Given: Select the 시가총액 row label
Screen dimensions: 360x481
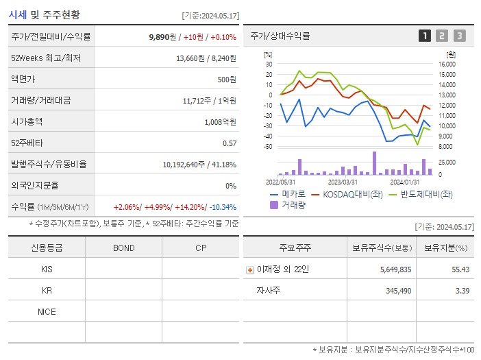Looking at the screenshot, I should click(27, 122).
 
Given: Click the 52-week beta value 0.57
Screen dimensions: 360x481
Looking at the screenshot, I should click(230, 143).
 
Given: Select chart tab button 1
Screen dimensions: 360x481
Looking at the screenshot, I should click(425, 36).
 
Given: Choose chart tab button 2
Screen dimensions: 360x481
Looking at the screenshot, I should click(442, 36).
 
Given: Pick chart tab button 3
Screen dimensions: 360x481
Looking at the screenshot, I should click(459, 36).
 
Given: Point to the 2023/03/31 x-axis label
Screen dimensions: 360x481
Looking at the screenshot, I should click(343, 182).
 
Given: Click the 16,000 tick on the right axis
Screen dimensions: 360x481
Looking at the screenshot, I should click(447, 64).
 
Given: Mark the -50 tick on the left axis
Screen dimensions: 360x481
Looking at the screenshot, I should click(267, 146).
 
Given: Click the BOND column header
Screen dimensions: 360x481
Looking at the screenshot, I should click(123, 248).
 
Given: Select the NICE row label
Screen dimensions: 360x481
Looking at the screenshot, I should click(47, 312).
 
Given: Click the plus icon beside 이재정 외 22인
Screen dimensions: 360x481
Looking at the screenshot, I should click(249, 270).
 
